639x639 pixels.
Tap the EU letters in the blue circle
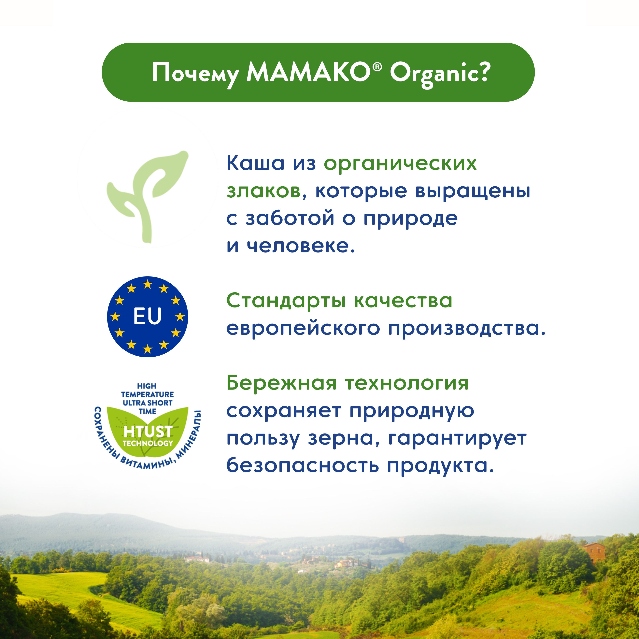point(148,316)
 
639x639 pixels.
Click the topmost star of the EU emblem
point(148,284)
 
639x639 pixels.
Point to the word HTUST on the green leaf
point(148,431)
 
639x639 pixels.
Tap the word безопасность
point(302,466)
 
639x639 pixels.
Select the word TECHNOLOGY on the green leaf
point(148,443)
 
